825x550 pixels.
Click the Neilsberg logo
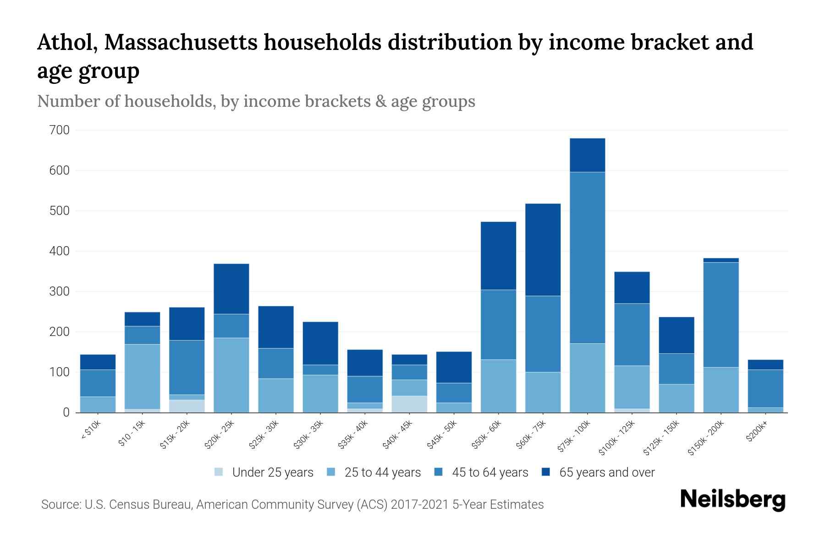732,500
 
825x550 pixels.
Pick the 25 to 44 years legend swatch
331,472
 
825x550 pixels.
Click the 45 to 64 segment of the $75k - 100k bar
587,258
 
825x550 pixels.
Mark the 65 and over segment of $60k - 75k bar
543,250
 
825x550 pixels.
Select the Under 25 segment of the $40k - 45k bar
409,404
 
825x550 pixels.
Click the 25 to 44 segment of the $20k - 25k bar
231,375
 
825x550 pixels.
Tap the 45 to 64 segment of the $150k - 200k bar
721,314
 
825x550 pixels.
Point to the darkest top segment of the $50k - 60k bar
498,256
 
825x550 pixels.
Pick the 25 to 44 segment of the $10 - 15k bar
142,376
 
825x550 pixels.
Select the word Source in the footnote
60,505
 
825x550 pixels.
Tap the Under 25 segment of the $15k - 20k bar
187,406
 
